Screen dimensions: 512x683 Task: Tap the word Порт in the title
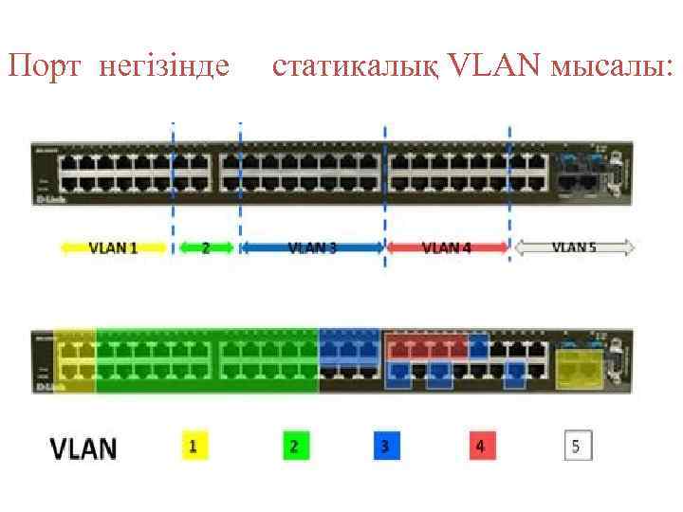(44, 66)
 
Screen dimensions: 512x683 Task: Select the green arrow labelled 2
(206, 248)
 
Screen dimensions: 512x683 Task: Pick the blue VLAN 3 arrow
(312, 248)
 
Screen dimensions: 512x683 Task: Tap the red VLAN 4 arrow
(446, 248)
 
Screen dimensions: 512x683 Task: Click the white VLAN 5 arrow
(574, 248)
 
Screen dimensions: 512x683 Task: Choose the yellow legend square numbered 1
(194, 446)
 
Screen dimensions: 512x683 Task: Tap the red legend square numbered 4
(481, 446)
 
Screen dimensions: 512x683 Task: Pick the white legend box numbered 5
(578, 446)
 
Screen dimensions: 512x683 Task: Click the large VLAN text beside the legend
(83, 448)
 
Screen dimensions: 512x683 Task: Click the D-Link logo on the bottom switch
(44, 387)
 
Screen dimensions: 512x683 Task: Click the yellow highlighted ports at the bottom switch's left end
(75, 361)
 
